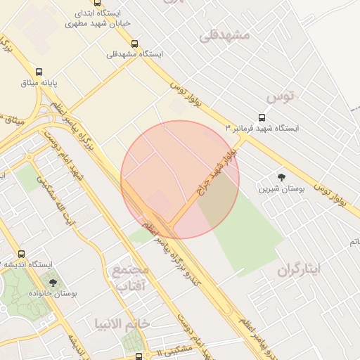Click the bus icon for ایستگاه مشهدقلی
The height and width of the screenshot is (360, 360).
(x=134, y=44)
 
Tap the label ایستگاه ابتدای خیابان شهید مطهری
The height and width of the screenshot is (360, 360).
(x=105, y=18)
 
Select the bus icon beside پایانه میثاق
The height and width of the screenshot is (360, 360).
(x=38, y=72)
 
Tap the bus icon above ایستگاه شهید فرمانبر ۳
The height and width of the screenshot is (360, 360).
(x=262, y=117)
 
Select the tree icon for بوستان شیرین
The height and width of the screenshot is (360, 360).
(x=282, y=177)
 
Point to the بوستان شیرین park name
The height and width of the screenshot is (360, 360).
(x=281, y=188)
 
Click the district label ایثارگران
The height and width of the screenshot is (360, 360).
(x=298, y=269)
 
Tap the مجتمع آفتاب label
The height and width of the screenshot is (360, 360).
(x=131, y=277)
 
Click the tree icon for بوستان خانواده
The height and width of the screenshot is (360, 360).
(x=53, y=282)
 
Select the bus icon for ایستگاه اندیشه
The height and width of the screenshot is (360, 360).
(x=21, y=254)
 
